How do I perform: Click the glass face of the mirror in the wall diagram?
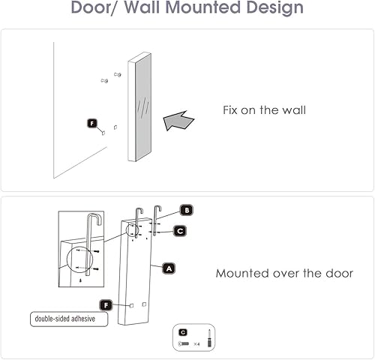tap(143, 109)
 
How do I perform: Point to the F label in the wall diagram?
tap(91, 122)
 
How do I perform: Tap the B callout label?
tap(186, 211)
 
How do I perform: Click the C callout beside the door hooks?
tap(180, 231)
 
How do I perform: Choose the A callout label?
tap(169, 267)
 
